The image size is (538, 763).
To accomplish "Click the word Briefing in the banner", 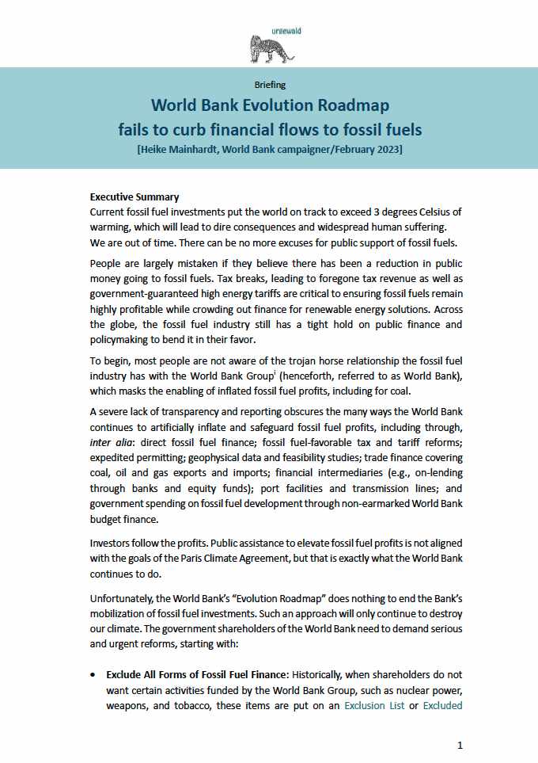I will pos(270,84).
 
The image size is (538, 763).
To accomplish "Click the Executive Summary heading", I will pos(134,196).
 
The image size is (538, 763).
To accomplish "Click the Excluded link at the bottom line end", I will pos(443,704).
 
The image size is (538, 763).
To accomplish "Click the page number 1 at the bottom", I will pos(460,745).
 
